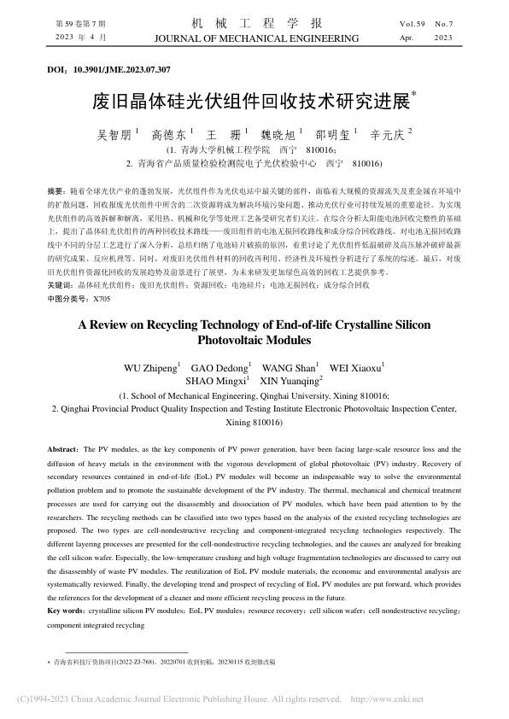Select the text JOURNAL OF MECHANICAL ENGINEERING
tap(254, 39)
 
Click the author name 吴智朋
tap(115, 134)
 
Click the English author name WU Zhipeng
tap(150, 368)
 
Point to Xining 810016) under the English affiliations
tap(254, 423)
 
